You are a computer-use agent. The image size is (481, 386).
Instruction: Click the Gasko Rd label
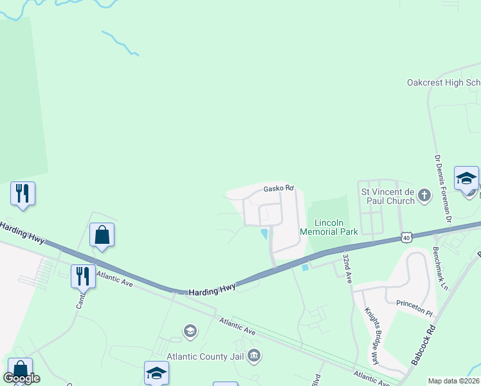point(278,188)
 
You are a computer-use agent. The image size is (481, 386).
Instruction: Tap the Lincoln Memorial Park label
point(329,227)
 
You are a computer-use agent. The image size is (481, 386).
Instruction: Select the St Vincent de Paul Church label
point(388,196)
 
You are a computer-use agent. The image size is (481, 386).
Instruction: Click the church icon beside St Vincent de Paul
point(424,196)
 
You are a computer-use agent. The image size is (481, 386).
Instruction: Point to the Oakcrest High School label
point(444,82)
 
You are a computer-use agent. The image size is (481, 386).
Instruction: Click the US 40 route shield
point(406,237)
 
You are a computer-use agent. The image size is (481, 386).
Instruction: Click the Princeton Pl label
point(416,309)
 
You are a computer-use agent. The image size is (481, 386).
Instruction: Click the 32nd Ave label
point(347,268)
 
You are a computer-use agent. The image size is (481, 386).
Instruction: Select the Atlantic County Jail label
point(205,356)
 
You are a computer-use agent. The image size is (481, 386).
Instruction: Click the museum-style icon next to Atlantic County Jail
point(254,356)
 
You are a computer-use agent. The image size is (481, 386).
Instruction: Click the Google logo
point(21,378)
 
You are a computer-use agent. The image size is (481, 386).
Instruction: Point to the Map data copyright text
point(453,381)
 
